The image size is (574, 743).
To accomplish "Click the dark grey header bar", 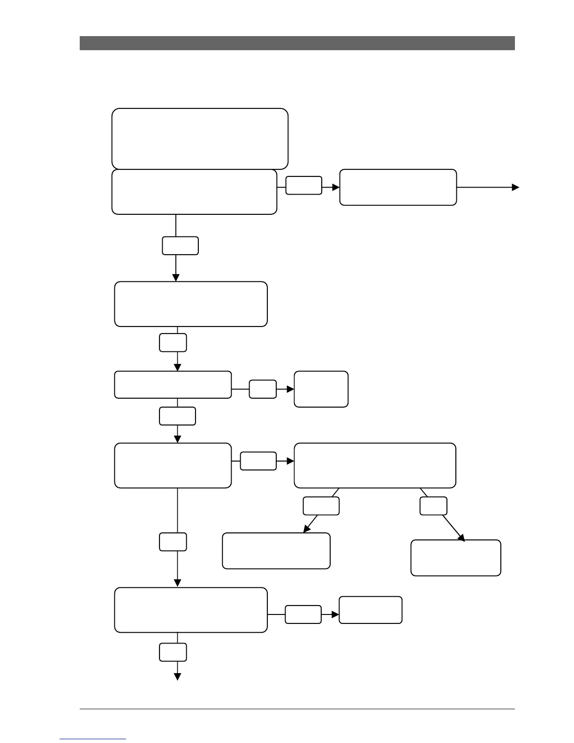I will pyautogui.click(x=297, y=43).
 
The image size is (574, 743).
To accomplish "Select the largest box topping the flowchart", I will pyautogui.click(x=200, y=138).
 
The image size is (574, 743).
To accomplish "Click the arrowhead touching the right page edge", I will pyautogui.click(x=516, y=187).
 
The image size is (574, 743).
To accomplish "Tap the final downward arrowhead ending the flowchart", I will pyautogui.click(x=177, y=676).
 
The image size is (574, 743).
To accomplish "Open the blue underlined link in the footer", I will pyautogui.click(x=93, y=739).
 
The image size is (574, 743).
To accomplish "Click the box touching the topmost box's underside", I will pyautogui.click(x=194, y=192).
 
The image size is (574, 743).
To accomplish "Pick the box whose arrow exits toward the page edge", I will pyautogui.click(x=398, y=187).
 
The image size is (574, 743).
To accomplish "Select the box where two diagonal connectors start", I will pyautogui.click(x=375, y=465).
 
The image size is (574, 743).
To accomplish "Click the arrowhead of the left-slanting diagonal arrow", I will pyautogui.click(x=307, y=529).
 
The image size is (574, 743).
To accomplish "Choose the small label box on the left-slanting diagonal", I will pyautogui.click(x=321, y=506).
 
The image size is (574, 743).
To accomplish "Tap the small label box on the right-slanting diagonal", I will pyautogui.click(x=433, y=506).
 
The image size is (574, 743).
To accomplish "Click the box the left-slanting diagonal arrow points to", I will pyautogui.click(x=276, y=551).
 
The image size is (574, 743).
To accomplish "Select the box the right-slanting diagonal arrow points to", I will pyautogui.click(x=455, y=558).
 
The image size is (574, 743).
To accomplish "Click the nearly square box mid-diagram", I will pyautogui.click(x=321, y=389).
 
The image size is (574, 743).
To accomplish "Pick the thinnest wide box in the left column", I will pyautogui.click(x=173, y=385).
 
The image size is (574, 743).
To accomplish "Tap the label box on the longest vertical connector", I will pyautogui.click(x=173, y=542).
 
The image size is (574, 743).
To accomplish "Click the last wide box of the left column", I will pyautogui.click(x=191, y=610).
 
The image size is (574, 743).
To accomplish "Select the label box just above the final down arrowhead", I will pyautogui.click(x=173, y=652).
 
